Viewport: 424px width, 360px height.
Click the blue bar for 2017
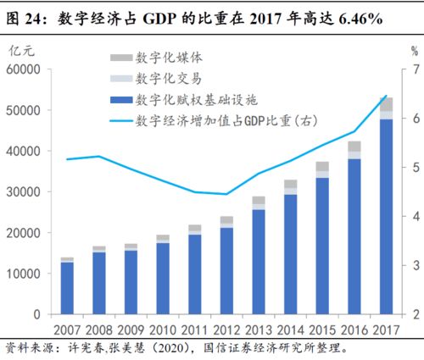click(385, 216)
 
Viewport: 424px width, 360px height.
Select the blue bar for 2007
click(67, 288)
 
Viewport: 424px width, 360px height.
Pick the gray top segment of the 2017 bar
click(385, 104)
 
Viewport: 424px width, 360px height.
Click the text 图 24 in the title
click(24, 15)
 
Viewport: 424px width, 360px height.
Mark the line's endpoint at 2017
click(385, 96)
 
